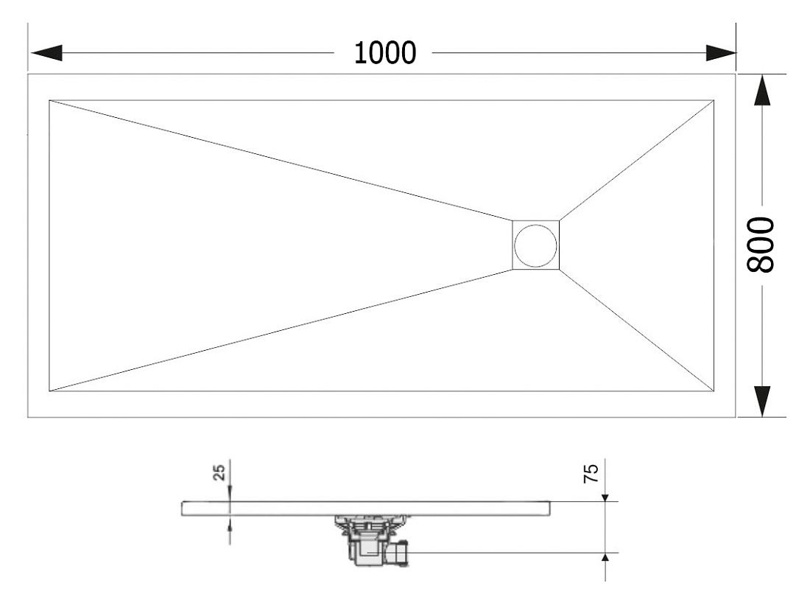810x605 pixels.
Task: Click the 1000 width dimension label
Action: [385, 53]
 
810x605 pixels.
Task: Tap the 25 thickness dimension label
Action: [219, 472]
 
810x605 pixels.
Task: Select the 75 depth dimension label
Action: [591, 473]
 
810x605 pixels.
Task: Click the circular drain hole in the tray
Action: [535, 245]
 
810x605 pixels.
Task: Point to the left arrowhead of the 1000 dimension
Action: [46, 53]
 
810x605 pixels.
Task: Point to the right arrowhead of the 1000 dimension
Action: [721, 53]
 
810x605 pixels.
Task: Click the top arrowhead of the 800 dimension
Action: [762, 91]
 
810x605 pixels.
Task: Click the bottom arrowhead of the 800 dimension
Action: [762, 401]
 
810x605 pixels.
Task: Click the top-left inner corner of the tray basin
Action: [49, 100]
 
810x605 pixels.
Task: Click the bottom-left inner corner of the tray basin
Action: [49, 391]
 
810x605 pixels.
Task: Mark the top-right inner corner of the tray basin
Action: [714, 100]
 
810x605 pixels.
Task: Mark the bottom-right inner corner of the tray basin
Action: [714, 391]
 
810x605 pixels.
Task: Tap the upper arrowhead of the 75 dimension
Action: [605, 497]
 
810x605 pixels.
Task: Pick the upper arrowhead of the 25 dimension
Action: [230, 496]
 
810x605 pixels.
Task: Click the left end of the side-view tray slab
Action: [182, 508]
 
